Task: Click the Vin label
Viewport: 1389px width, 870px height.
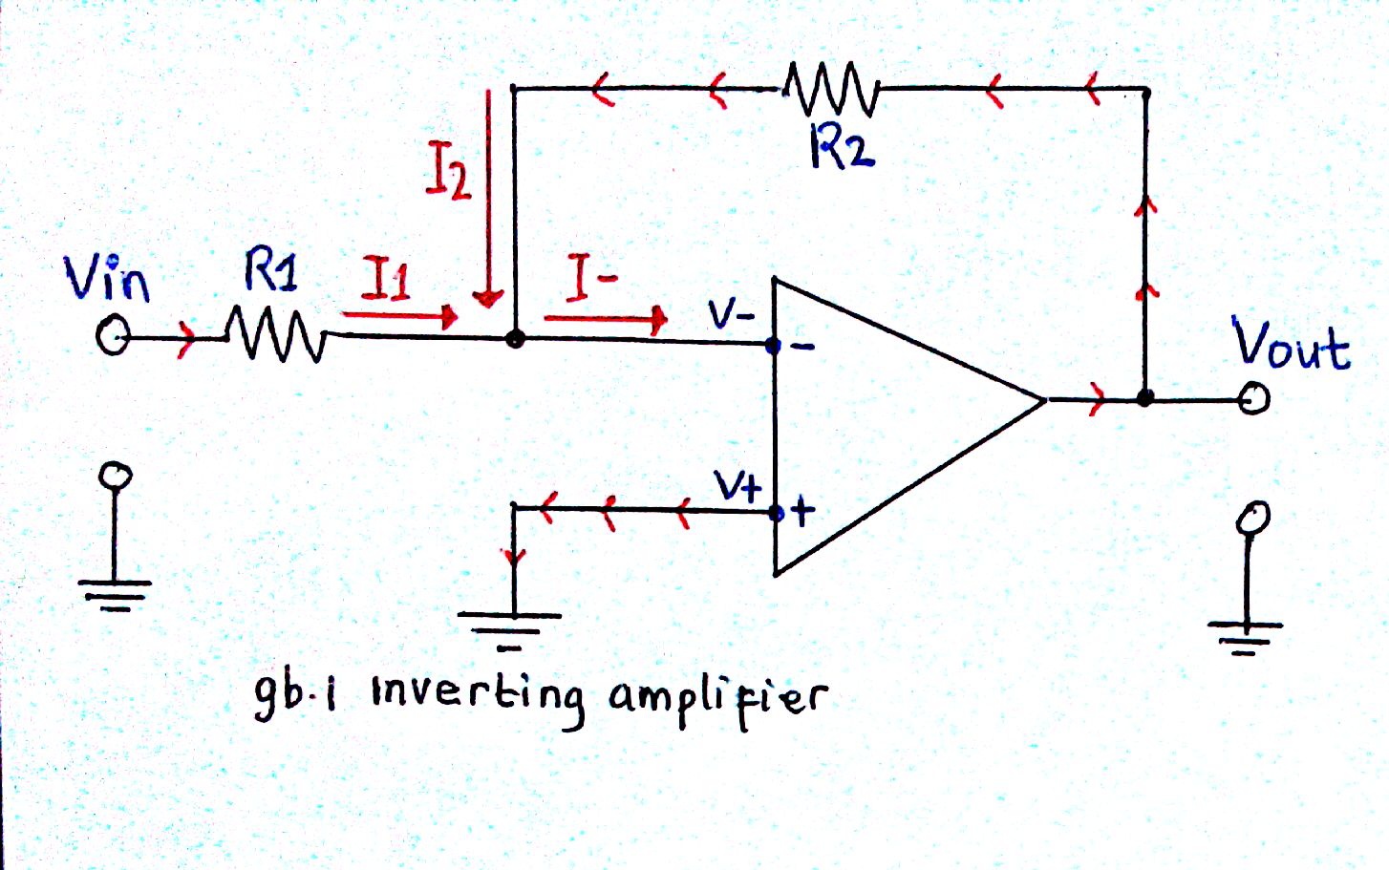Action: pos(107,279)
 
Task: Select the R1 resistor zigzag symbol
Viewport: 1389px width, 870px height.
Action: pos(276,335)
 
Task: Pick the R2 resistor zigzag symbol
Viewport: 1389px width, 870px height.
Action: pos(831,89)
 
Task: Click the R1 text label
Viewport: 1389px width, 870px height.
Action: pos(271,269)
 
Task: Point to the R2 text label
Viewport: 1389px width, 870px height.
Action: pos(842,148)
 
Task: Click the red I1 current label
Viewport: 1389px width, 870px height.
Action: pos(385,278)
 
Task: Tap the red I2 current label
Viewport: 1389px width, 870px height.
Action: pos(448,169)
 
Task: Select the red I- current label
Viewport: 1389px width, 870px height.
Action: pos(591,278)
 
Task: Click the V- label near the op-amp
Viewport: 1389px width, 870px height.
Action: pos(733,316)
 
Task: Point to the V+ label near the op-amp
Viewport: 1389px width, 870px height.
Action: pos(737,487)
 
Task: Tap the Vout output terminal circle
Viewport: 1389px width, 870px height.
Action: pos(1253,399)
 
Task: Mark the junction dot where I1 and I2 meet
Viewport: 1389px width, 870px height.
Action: pos(515,339)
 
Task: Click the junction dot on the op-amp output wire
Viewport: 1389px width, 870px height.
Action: pos(1145,397)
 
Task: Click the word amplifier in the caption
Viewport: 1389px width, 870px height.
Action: pos(718,700)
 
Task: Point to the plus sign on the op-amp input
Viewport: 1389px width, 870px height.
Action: pos(802,512)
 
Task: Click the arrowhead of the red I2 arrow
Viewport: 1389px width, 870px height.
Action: pos(488,299)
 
